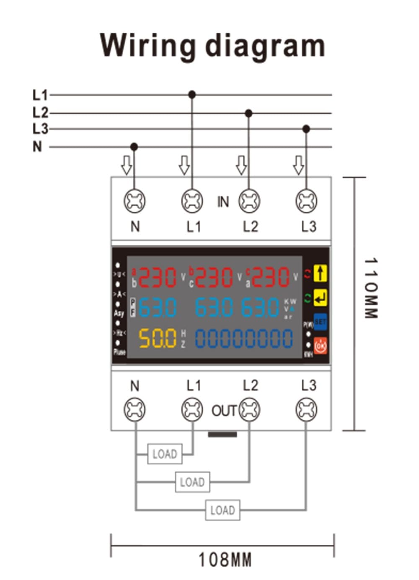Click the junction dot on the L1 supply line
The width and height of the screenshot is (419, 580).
point(192,95)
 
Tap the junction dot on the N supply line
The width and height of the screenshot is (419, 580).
point(134,147)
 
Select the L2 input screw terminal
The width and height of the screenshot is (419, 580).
point(249,201)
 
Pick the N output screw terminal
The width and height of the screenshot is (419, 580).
point(134,409)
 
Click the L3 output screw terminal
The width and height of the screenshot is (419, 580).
point(306,409)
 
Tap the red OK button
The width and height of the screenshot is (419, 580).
point(321,346)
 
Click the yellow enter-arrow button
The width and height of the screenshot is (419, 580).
point(321,298)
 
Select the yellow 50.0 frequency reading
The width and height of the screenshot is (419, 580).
point(158,338)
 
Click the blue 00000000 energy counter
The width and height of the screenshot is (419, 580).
point(244,338)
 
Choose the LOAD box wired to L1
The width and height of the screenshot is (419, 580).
point(165,454)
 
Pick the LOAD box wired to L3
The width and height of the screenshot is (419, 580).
point(222,510)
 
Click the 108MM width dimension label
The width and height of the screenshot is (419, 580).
point(225,559)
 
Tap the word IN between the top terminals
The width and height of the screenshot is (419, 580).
point(223,202)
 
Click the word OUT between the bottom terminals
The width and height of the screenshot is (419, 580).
point(224,411)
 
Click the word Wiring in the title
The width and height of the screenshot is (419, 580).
point(148,45)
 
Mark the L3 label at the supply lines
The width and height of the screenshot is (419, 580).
point(40,129)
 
